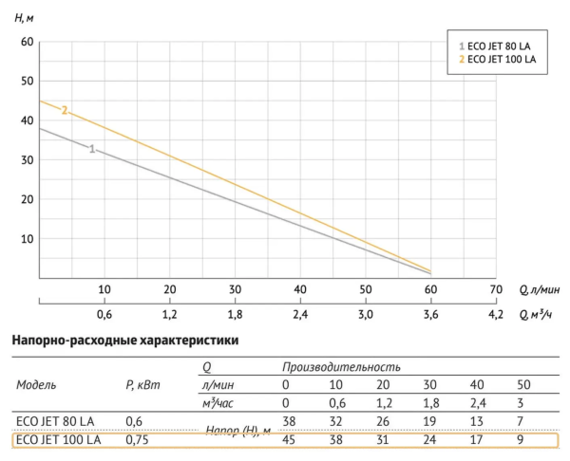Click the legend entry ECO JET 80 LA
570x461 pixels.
pos(499,46)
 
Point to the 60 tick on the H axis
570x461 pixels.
pos(27,42)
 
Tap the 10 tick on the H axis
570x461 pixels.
pos(27,237)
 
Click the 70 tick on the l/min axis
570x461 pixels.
pos(495,288)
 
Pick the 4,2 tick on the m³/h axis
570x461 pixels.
pos(495,315)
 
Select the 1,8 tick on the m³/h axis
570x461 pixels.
pos(235,315)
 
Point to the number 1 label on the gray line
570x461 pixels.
pos(92,149)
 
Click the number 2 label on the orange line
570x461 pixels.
pos(65,111)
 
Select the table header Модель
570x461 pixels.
pos(36,385)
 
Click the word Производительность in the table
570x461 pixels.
pos(340,366)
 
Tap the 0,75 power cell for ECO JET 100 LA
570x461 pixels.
pos(139,439)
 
